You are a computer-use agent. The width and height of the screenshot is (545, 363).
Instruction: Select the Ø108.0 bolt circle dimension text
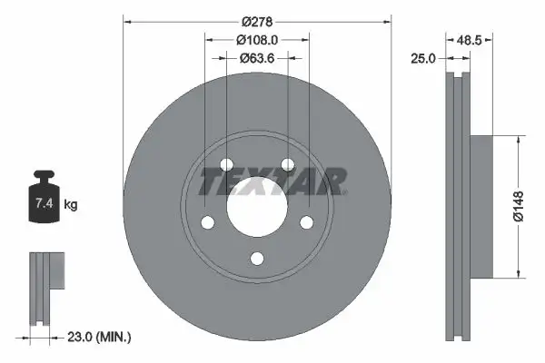click(257, 40)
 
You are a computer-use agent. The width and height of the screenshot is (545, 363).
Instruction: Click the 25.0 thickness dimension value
click(423, 58)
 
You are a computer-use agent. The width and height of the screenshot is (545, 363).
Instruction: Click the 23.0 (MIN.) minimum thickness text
click(101, 337)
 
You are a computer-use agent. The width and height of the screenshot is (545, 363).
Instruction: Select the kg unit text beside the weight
click(71, 205)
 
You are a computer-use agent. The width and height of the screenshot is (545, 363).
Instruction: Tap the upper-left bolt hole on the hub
click(225, 164)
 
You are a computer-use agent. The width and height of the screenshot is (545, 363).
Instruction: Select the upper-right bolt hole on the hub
click(289, 164)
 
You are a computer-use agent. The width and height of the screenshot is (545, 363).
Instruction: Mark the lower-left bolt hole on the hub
click(206, 223)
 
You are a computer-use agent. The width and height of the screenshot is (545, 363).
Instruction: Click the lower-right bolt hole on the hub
click(307, 223)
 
